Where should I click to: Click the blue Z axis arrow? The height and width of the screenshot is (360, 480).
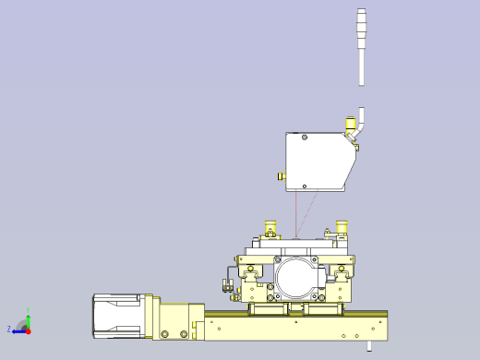click(x=18, y=330)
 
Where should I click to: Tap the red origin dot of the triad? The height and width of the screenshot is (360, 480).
click(x=29, y=330)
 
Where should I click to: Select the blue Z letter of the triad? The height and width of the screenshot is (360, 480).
click(x=9, y=329)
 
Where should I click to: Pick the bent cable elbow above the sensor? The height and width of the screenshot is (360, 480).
click(x=361, y=120)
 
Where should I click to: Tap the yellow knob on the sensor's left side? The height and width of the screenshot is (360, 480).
click(x=281, y=176)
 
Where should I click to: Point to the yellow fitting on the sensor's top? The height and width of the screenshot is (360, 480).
click(x=351, y=124)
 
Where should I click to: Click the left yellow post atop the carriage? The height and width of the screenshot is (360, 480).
click(x=270, y=226)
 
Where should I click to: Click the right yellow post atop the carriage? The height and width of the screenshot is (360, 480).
click(x=342, y=226)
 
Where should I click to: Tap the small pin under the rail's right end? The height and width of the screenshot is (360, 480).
click(x=369, y=347)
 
